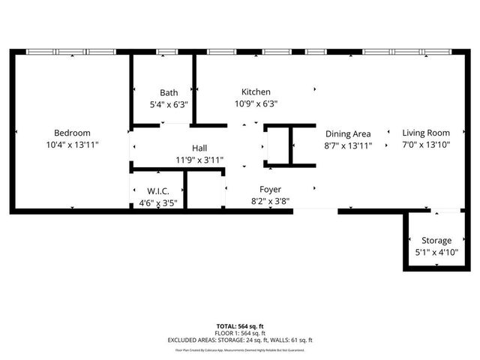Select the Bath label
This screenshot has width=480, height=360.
(x=169, y=93)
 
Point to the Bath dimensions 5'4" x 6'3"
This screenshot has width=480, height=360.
(x=169, y=105)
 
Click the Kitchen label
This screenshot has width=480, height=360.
(x=256, y=91)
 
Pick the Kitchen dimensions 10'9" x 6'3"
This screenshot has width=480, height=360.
(x=256, y=104)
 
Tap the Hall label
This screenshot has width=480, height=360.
(x=199, y=148)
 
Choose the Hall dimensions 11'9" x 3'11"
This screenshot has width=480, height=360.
(x=199, y=160)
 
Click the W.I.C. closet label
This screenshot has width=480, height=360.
(x=158, y=190)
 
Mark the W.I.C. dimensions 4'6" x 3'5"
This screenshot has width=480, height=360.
(x=158, y=202)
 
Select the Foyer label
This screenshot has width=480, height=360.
(x=271, y=189)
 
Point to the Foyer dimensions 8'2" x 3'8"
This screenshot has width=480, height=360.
(x=271, y=201)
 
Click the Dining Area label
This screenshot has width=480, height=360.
(x=348, y=133)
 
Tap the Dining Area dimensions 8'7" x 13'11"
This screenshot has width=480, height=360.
(x=348, y=145)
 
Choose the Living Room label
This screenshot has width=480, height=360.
(x=425, y=133)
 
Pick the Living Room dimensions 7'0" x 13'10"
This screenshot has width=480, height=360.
(x=425, y=145)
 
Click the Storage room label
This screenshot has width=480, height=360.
(x=436, y=241)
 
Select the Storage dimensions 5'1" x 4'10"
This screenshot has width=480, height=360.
(x=436, y=253)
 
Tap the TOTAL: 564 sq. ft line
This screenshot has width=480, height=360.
(x=240, y=326)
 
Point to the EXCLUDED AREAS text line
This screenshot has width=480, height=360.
(x=240, y=340)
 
